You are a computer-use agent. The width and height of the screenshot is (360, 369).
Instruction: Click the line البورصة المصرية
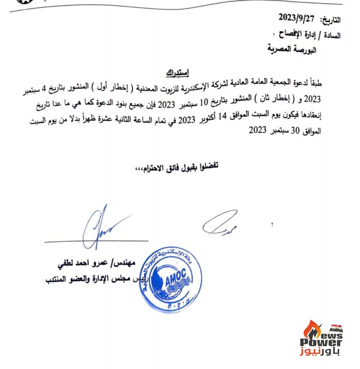pos(291,49)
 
